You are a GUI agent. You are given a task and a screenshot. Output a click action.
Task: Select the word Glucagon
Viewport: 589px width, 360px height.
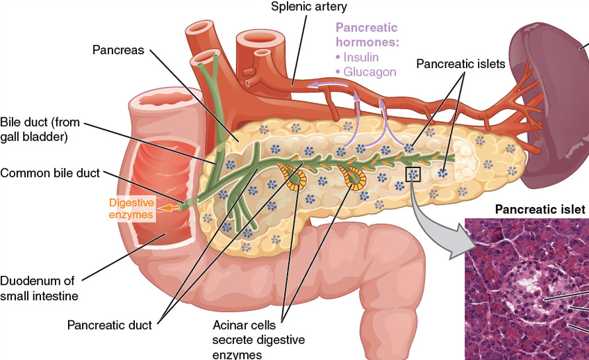370,72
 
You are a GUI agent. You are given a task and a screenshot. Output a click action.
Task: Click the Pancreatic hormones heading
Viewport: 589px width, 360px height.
366,35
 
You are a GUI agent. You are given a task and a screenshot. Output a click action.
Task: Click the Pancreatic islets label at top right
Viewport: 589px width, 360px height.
461,63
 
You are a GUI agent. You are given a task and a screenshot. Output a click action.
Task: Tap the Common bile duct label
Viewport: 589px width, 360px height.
50,172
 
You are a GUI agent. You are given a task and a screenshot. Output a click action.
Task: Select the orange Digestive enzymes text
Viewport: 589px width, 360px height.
131,208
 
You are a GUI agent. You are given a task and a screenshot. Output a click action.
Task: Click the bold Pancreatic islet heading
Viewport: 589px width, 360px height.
540,208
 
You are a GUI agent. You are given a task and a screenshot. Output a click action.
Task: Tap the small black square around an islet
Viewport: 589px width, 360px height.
413,174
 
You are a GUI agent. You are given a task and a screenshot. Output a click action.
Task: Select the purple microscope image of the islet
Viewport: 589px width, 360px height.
526,288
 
